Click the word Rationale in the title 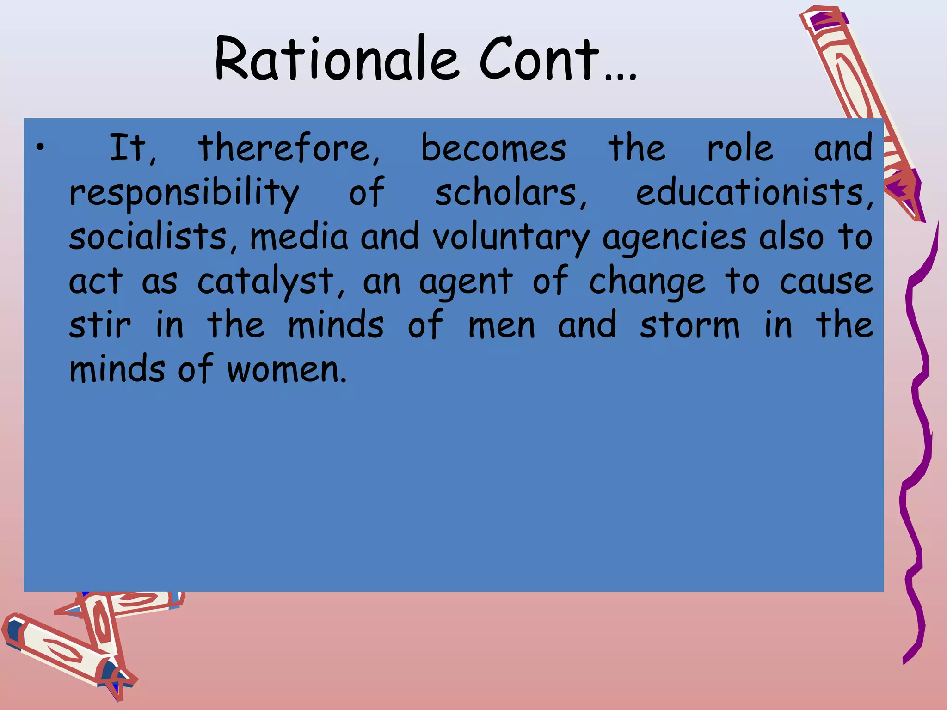(337, 59)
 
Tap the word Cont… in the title (558, 59)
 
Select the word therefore (289, 148)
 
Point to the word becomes (493, 148)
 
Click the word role (740, 148)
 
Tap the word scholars (510, 192)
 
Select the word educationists (754, 192)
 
